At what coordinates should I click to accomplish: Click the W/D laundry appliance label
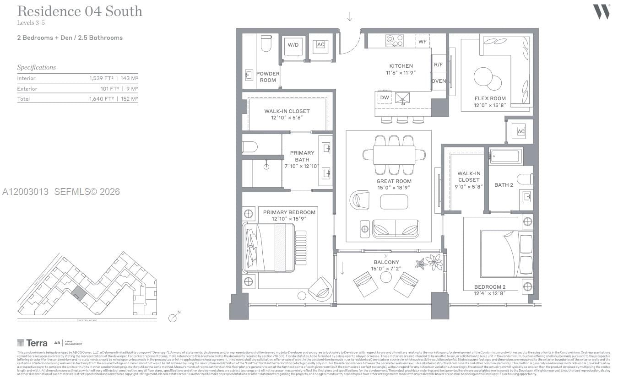pyautogui.click(x=292, y=45)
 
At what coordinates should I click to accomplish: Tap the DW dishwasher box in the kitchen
pyautogui.click(x=385, y=97)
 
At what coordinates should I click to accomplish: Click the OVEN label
pyautogui.click(x=439, y=81)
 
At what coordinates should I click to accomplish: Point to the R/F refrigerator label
pyautogui.click(x=438, y=65)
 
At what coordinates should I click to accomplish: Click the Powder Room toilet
pyautogui.click(x=266, y=43)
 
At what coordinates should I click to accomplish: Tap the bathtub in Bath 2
pyautogui.click(x=505, y=156)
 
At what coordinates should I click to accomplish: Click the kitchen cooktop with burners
pyautogui.click(x=395, y=40)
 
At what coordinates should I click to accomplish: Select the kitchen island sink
pyautogui.click(x=403, y=97)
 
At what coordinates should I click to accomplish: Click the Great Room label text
pyautogui.click(x=394, y=181)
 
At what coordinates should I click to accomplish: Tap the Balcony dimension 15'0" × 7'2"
pyautogui.click(x=386, y=269)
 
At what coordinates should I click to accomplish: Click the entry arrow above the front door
pyautogui.click(x=350, y=17)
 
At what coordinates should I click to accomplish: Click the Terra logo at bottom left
pyautogui.click(x=32, y=343)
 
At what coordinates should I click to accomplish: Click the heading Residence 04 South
pyautogui.click(x=80, y=11)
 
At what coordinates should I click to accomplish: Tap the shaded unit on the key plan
pyautogui.click(x=79, y=293)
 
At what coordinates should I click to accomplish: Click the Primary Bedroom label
pyautogui.click(x=289, y=212)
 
